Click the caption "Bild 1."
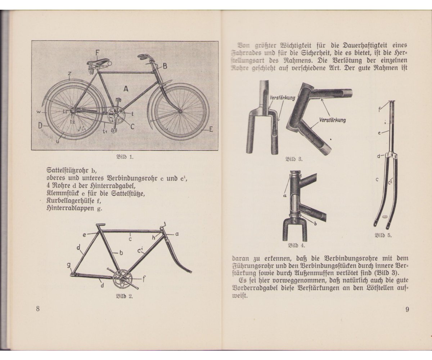[x=124, y=157]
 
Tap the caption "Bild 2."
[x=124, y=297]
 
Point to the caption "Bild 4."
[x=296, y=246]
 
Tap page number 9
[x=407, y=309]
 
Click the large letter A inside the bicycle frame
[x=126, y=89]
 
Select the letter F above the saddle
[x=97, y=53]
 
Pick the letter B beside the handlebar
[x=165, y=66]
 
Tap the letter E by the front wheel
[x=211, y=130]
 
